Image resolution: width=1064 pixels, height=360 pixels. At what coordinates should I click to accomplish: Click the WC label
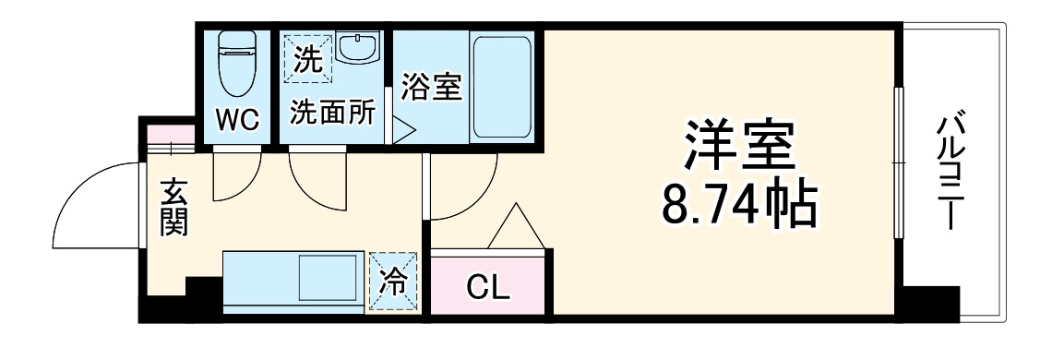click(238, 118)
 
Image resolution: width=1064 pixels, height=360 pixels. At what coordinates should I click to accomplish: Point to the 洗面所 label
click(333, 113)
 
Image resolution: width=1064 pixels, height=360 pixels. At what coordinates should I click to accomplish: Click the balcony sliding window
click(899, 162)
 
